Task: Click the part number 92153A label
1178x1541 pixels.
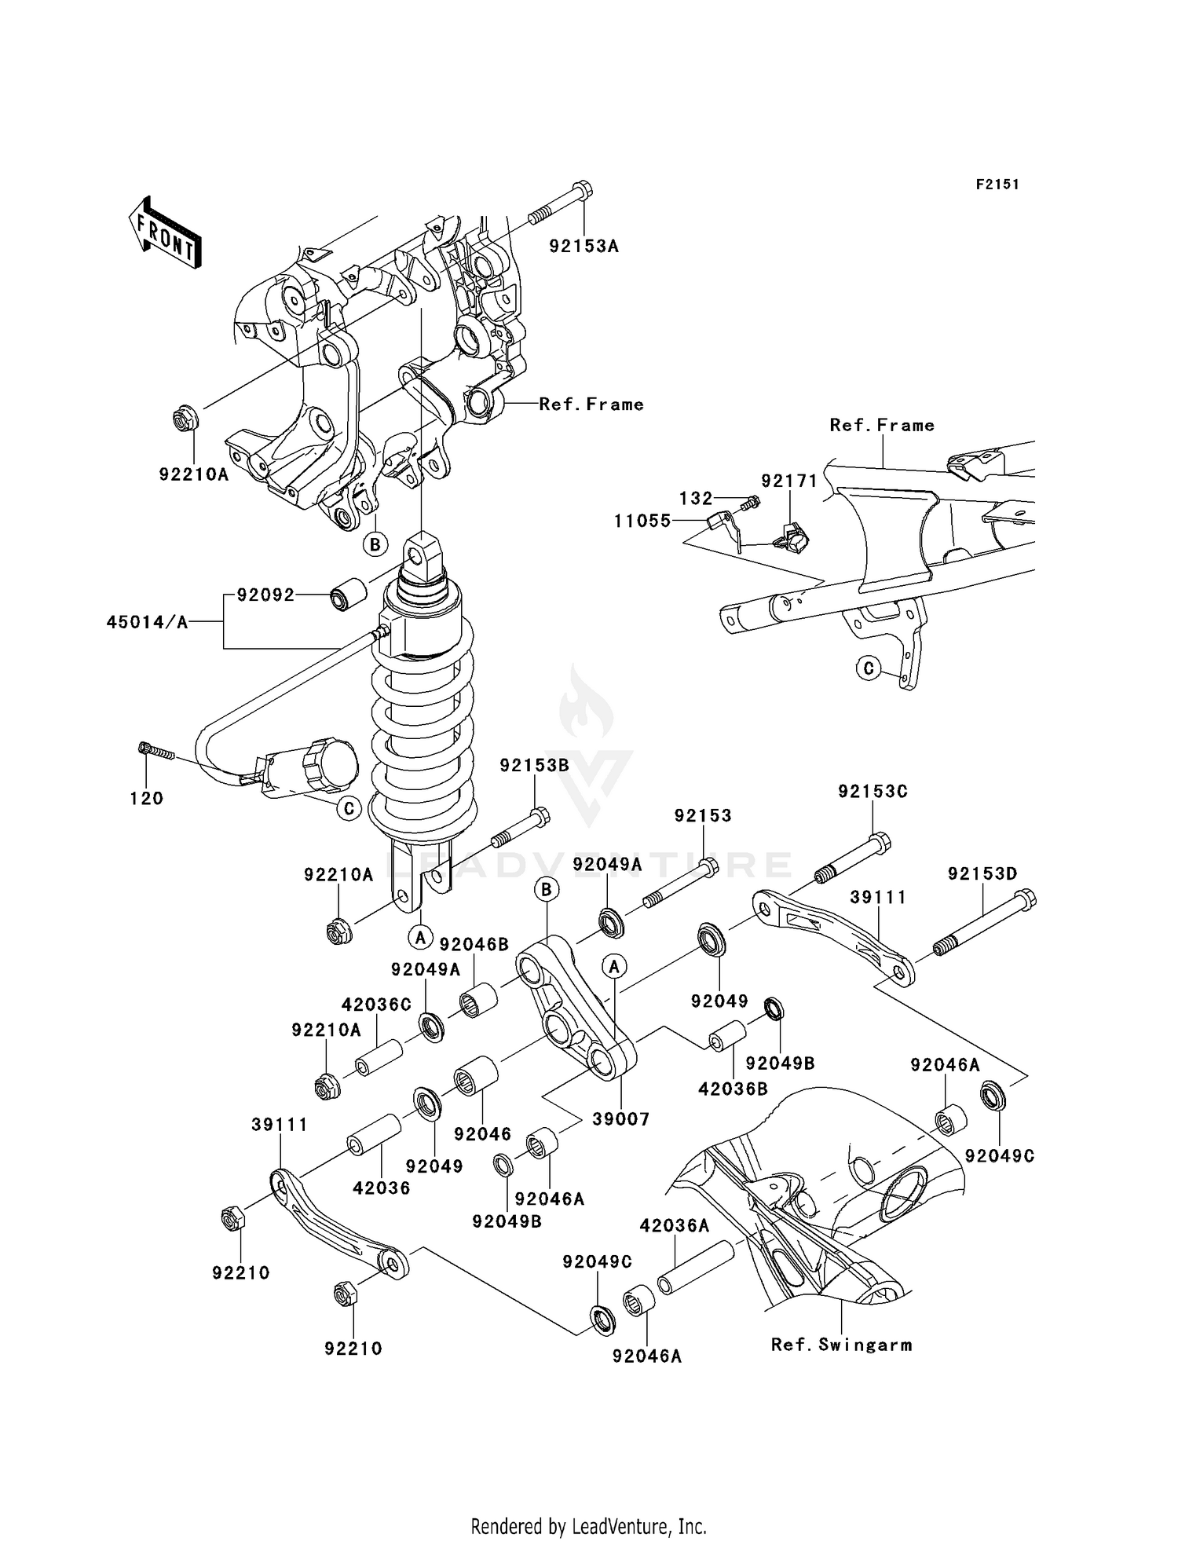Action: (x=584, y=247)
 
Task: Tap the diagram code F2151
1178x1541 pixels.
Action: (x=997, y=185)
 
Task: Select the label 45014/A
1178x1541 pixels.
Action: (x=147, y=623)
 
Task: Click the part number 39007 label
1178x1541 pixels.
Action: (x=620, y=1119)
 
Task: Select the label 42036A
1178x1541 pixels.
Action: (x=675, y=1225)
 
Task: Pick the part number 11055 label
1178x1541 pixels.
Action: (x=642, y=521)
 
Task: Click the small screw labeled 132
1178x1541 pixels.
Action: (x=752, y=501)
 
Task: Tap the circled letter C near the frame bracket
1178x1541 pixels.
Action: (x=868, y=669)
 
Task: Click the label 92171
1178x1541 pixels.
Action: (x=788, y=481)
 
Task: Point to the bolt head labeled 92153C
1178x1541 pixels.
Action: (x=880, y=844)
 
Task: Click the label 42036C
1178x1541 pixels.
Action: (x=375, y=1005)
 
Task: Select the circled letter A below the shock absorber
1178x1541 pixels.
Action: (x=420, y=937)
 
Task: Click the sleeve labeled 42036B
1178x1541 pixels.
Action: (x=728, y=1037)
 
